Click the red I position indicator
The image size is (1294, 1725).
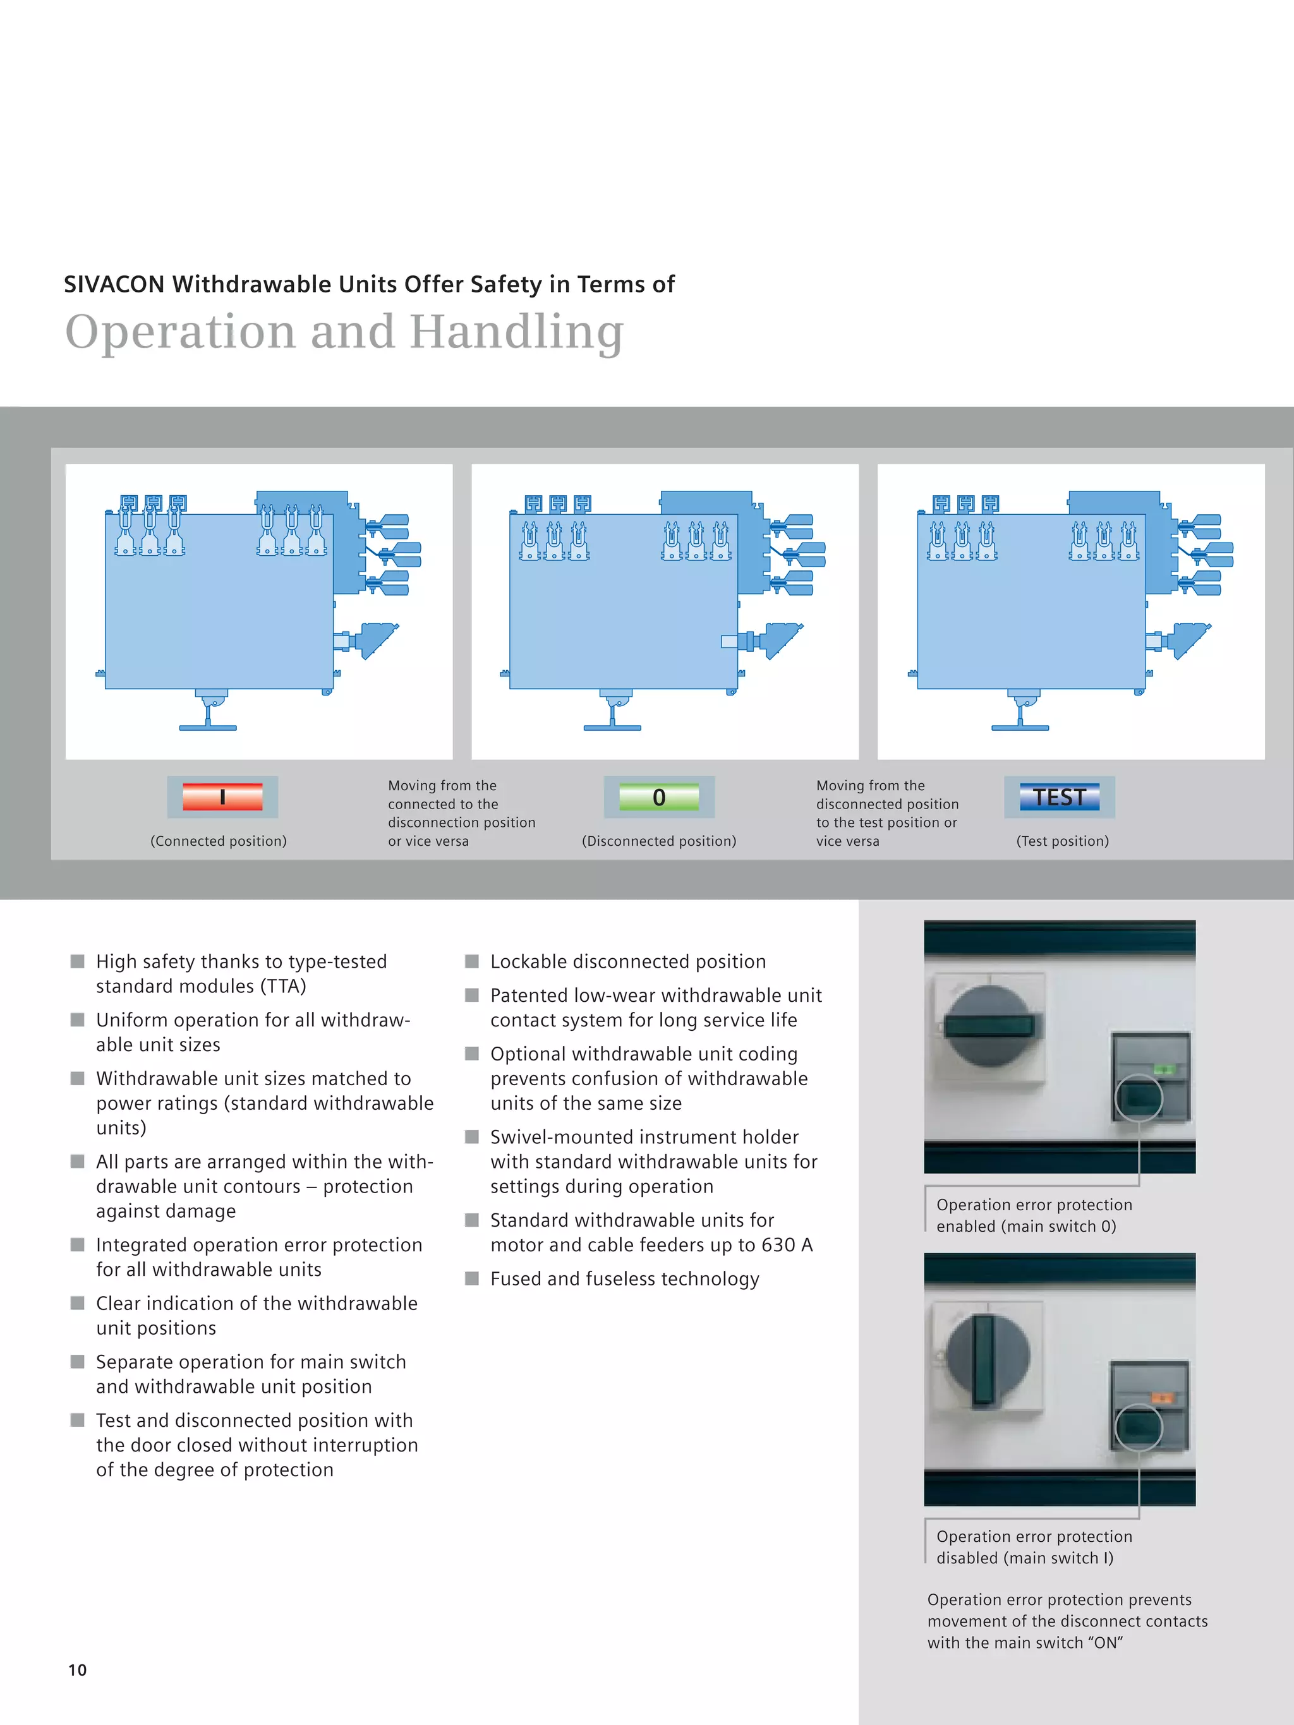coord(222,797)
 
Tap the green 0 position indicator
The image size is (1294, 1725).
coord(659,797)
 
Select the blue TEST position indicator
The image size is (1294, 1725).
coord(1059,797)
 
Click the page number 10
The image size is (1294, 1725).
coord(77,1669)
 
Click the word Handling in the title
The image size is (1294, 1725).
coord(516,332)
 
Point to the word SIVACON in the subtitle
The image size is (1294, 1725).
coord(114,285)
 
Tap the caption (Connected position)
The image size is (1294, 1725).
coord(219,841)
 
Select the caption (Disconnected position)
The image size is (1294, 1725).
coord(659,841)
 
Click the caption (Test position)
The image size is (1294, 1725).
coord(1062,841)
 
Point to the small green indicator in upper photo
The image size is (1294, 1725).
coord(1163,1070)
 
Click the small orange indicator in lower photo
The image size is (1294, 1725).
coord(1162,1398)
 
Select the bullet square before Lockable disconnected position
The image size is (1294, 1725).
coord(472,961)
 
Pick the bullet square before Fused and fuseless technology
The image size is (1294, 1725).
coord(472,1278)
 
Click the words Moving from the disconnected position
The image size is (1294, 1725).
coord(887,795)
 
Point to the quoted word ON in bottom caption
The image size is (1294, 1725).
coord(1105,1642)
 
